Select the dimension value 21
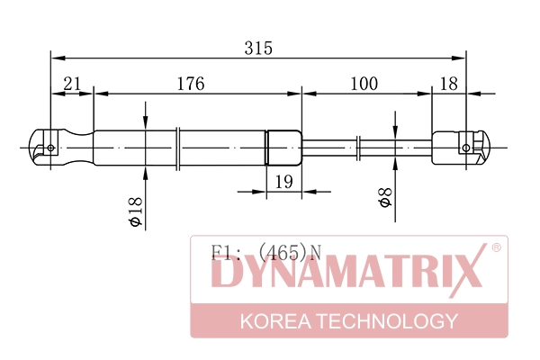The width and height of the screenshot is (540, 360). coord(73,84)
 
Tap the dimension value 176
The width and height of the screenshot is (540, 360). coord(190,84)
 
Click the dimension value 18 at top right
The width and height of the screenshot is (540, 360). coord(447,84)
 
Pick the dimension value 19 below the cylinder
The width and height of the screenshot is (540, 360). coord(283,183)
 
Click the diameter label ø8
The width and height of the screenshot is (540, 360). coord(384,198)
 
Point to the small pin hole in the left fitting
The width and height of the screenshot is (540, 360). coord(51,148)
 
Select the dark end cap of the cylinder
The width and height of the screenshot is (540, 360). coord(283,147)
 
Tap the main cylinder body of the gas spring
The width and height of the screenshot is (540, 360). coord(180,147)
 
